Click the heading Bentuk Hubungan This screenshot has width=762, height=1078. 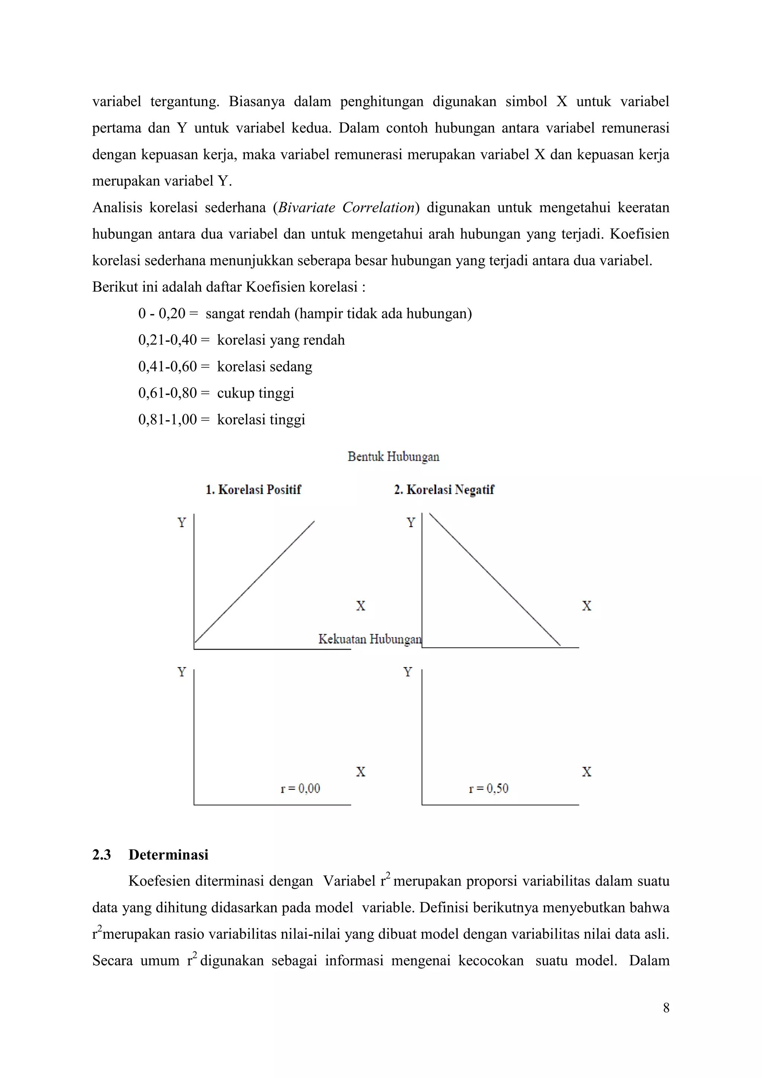tap(393, 457)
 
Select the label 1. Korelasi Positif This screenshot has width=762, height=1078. tap(253, 490)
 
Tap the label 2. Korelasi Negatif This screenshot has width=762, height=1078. tap(444, 490)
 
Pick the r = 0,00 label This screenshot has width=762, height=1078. tap(300, 788)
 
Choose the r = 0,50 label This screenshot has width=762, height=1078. tap(489, 788)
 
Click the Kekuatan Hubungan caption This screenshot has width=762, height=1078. tap(370, 639)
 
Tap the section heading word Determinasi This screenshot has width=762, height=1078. tap(169, 855)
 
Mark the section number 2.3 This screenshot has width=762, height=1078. tap(101, 855)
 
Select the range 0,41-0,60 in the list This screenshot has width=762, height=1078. tap(167, 366)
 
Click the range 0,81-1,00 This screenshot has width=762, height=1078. tap(167, 419)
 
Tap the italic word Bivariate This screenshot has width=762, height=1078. tap(306, 208)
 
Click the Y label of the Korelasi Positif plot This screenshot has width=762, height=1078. tap(182, 523)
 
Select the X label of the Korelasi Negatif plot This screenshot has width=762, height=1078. tap(586, 606)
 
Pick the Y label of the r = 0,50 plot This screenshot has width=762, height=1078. tap(408, 672)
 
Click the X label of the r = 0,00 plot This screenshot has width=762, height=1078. tap(361, 771)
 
